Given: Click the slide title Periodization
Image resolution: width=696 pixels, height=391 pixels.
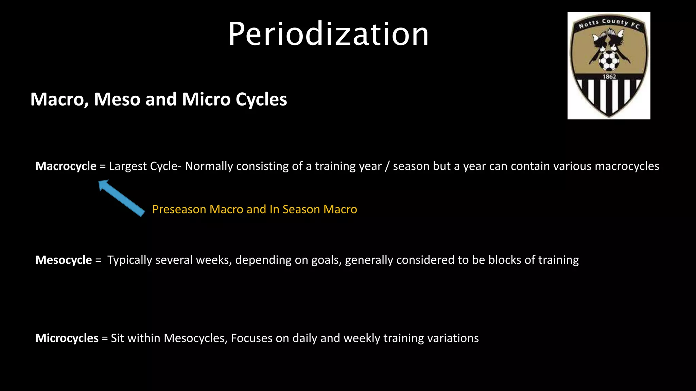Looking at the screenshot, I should [x=328, y=34].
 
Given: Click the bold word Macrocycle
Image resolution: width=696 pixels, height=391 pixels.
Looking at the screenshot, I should [x=66, y=166].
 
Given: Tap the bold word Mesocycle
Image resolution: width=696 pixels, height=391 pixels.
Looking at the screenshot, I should [x=64, y=260].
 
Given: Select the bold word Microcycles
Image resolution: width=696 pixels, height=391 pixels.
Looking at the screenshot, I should [x=67, y=338].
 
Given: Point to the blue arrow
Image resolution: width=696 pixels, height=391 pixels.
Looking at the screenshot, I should [x=121, y=198].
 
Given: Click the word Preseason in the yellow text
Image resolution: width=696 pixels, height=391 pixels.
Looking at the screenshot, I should [x=179, y=209].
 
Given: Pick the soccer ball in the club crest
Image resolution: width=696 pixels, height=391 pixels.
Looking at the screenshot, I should [x=609, y=61].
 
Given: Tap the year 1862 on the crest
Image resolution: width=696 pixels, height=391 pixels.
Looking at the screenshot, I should [x=609, y=77].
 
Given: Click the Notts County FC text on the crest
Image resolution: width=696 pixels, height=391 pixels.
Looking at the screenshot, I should [x=609, y=23].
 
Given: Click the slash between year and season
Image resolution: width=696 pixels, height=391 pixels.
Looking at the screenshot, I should [x=387, y=166].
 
